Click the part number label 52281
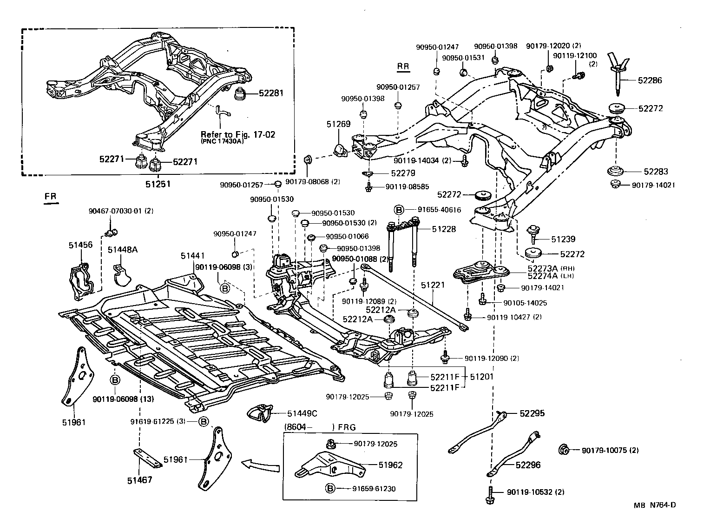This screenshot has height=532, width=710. pyautogui.click(x=271, y=93)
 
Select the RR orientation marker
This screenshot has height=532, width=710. pyautogui.click(x=403, y=66)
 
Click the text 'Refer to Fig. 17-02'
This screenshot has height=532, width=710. pyautogui.click(x=238, y=134)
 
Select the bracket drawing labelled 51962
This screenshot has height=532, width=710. pyautogui.click(x=327, y=465)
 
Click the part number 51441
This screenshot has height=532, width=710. pyautogui.click(x=193, y=256)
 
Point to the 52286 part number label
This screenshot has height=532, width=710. pyautogui.click(x=650, y=80)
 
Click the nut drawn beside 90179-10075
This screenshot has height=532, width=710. pyautogui.click(x=564, y=450)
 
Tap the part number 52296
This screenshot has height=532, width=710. pyautogui.click(x=527, y=465)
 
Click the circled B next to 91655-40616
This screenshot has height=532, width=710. pyautogui.click(x=398, y=210)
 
